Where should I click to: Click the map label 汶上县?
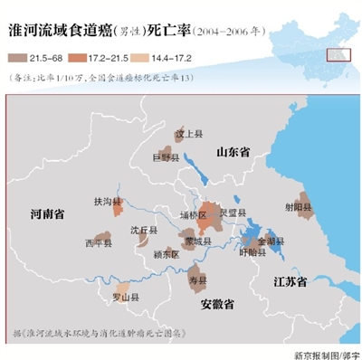pyautogui.click(x=186, y=133)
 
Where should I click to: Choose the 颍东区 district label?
pyautogui.click(x=167, y=254)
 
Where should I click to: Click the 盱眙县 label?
pyautogui.click(x=251, y=253)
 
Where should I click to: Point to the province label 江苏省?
pyautogui.click(x=291, y=281)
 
